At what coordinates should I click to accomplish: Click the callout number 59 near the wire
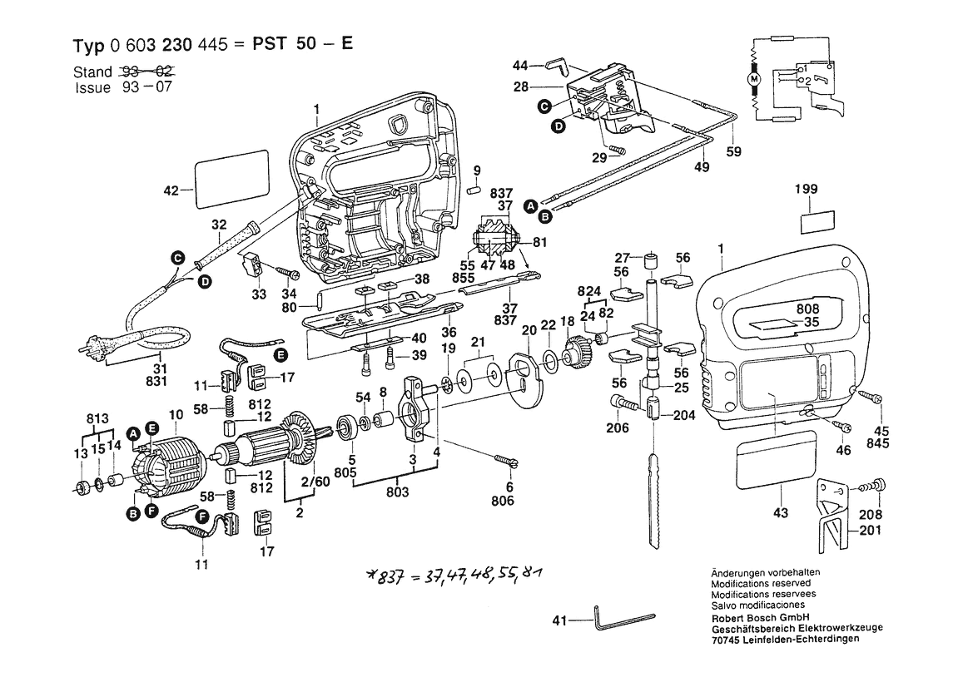(733, 152)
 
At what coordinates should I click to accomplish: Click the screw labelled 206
(623, 403)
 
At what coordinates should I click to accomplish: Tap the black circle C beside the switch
(544, 106)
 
